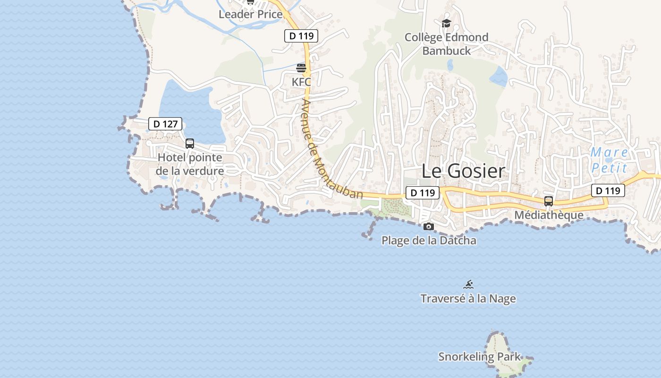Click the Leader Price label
tap(251, 14)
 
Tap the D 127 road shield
tap(165, 124)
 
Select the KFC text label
tap(301, 82)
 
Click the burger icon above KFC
tap(301, 68)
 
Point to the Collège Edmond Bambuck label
tap(446, 44)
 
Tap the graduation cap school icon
tap(446, 23)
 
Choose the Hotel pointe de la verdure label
tap(190, 164)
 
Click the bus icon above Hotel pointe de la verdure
tap(190, 144)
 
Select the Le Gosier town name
tap(463, 171)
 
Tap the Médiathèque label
tap(549, 215)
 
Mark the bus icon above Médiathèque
tap(549, 201)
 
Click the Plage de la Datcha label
tap(429, 241)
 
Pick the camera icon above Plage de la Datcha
tap(429, 227)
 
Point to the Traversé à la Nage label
tap(468, 299)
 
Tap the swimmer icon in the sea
tap(468, 284)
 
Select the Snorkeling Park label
tap(479, 357)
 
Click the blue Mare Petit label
tap(610, 160)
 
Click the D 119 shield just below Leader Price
tap(301, 35)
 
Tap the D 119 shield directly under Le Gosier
tap(423, 193)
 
